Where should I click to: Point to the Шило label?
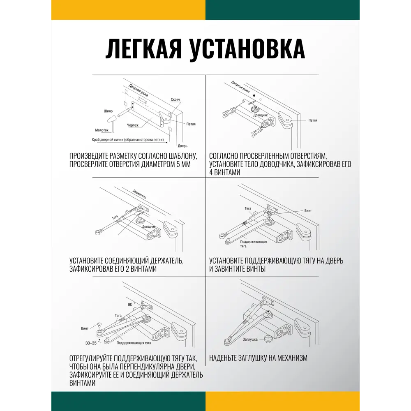click(x=108, y=111)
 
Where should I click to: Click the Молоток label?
click(x=102, y=130)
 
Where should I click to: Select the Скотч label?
click(x=175, y=100)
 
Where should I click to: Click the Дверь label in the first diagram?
click(x=182, y=146)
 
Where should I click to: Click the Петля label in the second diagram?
click(x=313, y=120)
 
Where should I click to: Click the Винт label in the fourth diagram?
click(x=308, y=211)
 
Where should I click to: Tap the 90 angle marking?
click(x=130, y=305)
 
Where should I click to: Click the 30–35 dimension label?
click(x=91, y=343)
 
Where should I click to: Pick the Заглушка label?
click(x=250, y=339)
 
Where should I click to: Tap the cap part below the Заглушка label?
click(x=268, y=339)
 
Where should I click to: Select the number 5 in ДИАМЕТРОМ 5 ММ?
click(x=175, y=164)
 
